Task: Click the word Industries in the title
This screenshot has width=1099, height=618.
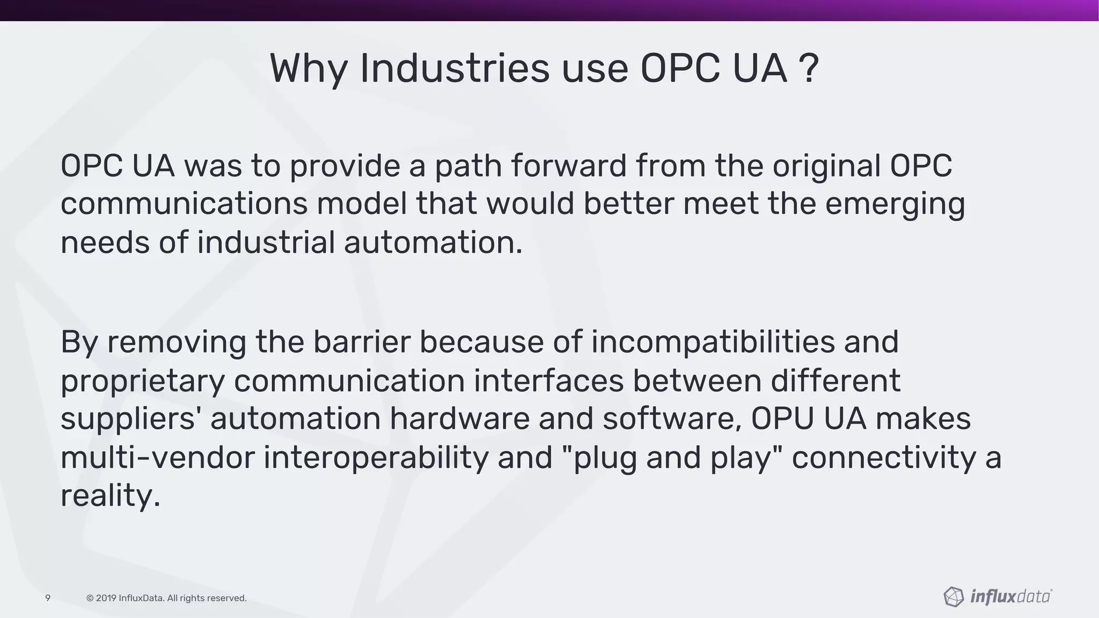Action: [454, 69]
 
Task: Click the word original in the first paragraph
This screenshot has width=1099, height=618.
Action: [826, 166]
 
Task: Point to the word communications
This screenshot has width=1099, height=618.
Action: [184, 204]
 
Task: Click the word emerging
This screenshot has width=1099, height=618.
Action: [895, 205]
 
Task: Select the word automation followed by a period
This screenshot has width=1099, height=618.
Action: [433, 242]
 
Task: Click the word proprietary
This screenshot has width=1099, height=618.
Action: [142, 381]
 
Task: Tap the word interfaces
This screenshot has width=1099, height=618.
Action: [548, 380]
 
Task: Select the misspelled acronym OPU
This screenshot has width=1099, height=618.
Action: [782, 418]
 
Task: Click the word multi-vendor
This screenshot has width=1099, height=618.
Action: [157, 458]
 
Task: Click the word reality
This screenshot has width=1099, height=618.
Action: [110, 495]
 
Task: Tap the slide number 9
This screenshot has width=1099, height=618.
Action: [48, 598]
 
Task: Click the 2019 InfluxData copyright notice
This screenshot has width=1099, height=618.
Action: [166, 598]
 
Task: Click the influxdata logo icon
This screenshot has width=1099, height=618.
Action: [953, 597]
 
